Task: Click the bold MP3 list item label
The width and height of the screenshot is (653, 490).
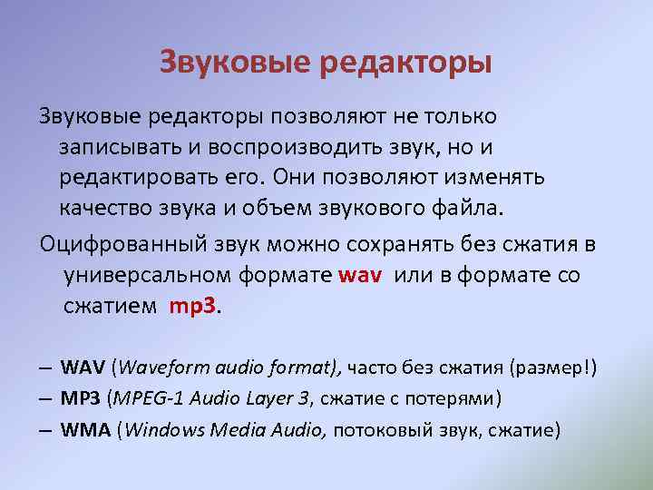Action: click(x=81, y=398)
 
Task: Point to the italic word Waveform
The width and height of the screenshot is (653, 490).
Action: click(x=161, y=368)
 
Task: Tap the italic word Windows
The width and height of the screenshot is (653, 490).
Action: click(x=164, y=429)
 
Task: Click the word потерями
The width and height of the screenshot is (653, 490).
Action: click(x=448, y=398)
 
